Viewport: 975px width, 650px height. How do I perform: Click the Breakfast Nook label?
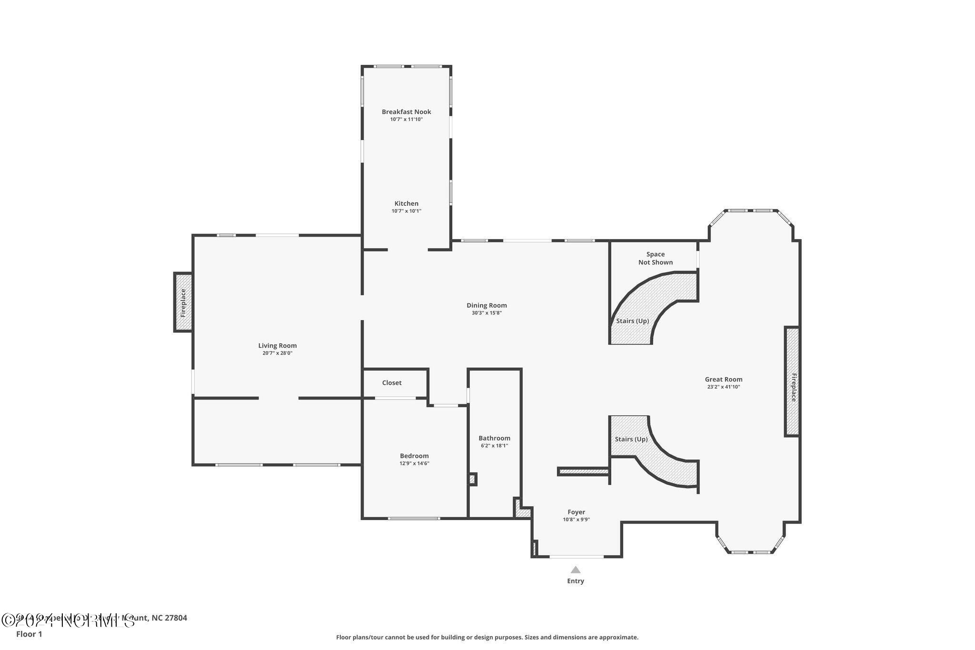[406, 112]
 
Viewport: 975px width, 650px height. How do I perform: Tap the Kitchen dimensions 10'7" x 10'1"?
[406, 211]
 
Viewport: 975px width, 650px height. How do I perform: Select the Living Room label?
[277, 346]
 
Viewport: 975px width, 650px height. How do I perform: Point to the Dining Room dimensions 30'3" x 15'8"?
[487, 313]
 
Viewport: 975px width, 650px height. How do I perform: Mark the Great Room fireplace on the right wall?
[792, 381]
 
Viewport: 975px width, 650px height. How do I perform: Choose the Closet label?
[392, 383]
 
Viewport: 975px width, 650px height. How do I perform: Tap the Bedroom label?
[414, 456]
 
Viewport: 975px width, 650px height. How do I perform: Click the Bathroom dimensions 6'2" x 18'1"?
[494, 446]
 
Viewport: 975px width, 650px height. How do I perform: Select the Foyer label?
[576, 512]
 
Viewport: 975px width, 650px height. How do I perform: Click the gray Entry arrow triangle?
[576, 570]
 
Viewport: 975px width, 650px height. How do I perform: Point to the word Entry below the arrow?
[576, 581]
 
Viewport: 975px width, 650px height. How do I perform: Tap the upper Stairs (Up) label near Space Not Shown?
[632, 321]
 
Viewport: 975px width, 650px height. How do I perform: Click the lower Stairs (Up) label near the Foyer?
[631, 439]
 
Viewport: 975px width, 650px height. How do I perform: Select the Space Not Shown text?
[656, 258]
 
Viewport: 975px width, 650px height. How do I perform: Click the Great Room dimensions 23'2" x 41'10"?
[724, 387]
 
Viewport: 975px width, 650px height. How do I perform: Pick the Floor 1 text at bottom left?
[29, 634]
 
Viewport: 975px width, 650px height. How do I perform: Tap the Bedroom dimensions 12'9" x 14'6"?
[414, 463]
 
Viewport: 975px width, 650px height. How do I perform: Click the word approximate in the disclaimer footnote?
[618, 637]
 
